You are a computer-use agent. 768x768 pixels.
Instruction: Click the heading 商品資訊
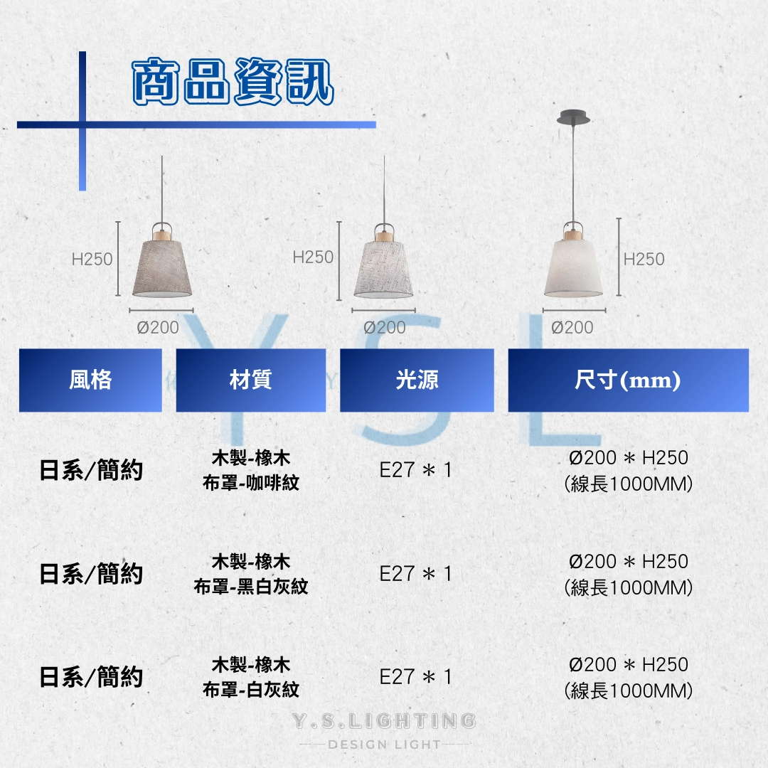click(x=233, y=81)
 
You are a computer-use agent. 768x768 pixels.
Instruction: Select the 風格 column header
click(x=90, y=380)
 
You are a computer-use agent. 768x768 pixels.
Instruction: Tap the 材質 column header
click(x=251, y=380)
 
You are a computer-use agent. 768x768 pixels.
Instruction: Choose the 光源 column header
click(x=417, y=380)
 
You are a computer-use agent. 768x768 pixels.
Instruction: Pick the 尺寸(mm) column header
click(x=629, y=380)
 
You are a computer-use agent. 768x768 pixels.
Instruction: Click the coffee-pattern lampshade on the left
click(x=162, y=268)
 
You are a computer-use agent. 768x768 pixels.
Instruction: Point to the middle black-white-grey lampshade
click(x=383, y=270)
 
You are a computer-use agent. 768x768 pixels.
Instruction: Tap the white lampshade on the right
click(x=573, y=268)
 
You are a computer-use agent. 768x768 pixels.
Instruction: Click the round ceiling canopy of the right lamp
click(x=572, y=117)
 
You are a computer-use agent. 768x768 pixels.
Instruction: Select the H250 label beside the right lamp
click(x=644, y=259)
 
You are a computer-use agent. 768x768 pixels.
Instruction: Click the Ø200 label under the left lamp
click(x=158, y=327)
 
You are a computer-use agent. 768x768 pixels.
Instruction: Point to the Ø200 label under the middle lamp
click(x=385, y=327)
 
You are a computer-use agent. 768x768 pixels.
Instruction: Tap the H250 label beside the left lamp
click(x=92, y=259)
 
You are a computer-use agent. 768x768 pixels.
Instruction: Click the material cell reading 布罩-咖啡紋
click(x=251, y=483)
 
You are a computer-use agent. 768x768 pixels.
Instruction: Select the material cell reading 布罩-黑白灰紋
click(x=251, y=586)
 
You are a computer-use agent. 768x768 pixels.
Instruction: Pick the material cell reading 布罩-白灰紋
click(x=251, y=690)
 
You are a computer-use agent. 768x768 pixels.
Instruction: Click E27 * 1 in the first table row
click(x=415, y=470)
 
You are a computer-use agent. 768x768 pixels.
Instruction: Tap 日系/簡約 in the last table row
click(x=91, y=678)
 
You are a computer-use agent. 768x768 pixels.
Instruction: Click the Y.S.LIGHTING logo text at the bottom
click(x=384, y=721)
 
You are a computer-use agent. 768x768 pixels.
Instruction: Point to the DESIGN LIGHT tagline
click(x=384, y=745)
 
